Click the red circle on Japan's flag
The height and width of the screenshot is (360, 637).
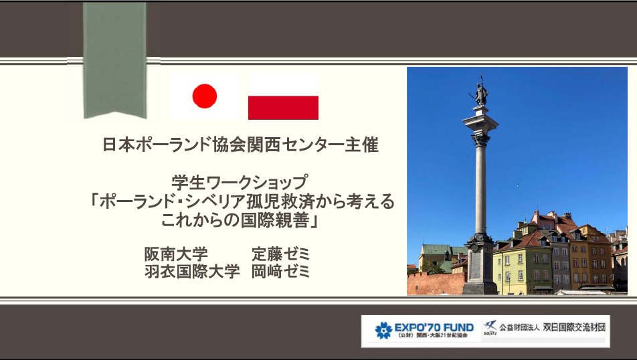pos(204,96)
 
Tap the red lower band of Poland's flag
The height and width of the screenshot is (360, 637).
pos(283,108)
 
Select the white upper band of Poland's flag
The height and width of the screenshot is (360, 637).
pos(283,85)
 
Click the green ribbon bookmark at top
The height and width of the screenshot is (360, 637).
pos(114,60)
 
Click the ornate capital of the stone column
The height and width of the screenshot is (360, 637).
pos(480,140)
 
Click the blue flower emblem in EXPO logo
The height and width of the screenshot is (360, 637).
pos(383,331)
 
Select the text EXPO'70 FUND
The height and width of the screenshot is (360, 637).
pos(434,327)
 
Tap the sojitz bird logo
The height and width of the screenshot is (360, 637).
pos(490,327)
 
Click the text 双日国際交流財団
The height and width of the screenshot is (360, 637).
pos(574,327)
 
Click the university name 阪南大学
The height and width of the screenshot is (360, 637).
pos(176,254)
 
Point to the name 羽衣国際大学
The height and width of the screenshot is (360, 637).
pos(192,272)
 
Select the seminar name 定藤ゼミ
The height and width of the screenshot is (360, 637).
pos(281,254)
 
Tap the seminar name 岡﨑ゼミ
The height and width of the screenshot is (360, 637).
pos(281,272)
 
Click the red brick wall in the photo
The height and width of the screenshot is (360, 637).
pos(436,283)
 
